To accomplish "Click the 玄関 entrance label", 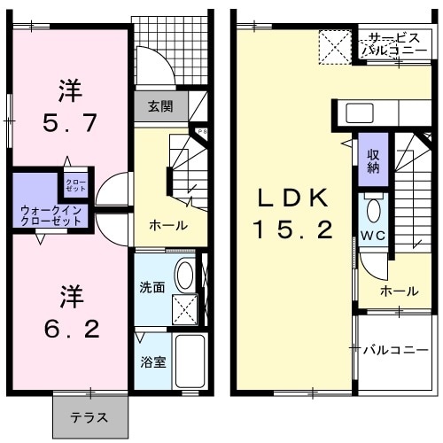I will [x=160, y=107].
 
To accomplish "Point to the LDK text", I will [x=293, y=198].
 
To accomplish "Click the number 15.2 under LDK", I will [x=291, y=231].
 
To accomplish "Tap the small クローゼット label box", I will [x=73, y=185].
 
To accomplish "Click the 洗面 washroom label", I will [x=152, y=287].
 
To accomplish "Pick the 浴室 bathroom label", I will [x=152, y=362].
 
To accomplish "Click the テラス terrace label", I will [x=89, y=417].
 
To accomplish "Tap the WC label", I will [x=373, y=237].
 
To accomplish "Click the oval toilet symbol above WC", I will [x=374, y=211].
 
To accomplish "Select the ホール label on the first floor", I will [x=167, y=226].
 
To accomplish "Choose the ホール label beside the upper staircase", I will [x=399, y=291].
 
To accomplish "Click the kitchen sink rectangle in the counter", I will [x=360, y=113].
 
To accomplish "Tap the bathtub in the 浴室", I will [x=190, y=362].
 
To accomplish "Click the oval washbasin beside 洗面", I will [x=186, y=275].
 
